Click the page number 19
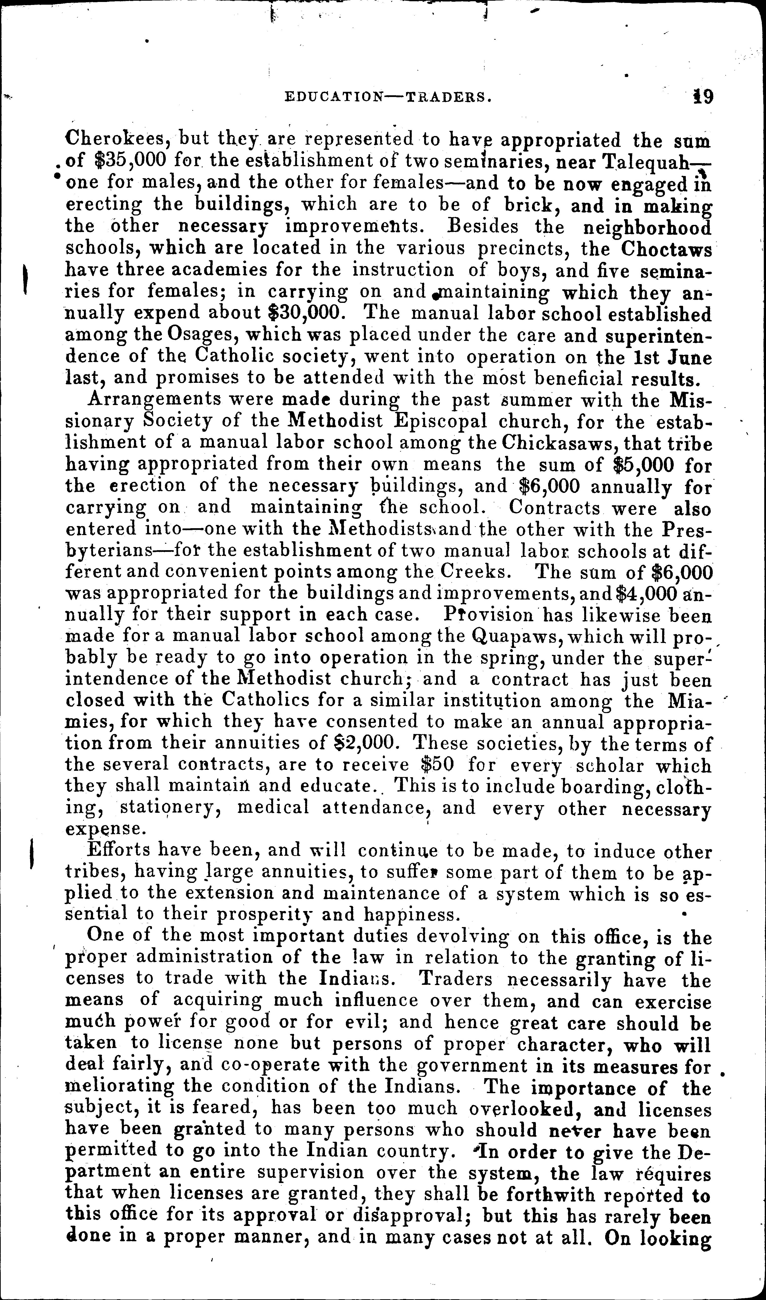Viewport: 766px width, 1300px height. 702,97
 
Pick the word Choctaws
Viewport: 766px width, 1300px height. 666,249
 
